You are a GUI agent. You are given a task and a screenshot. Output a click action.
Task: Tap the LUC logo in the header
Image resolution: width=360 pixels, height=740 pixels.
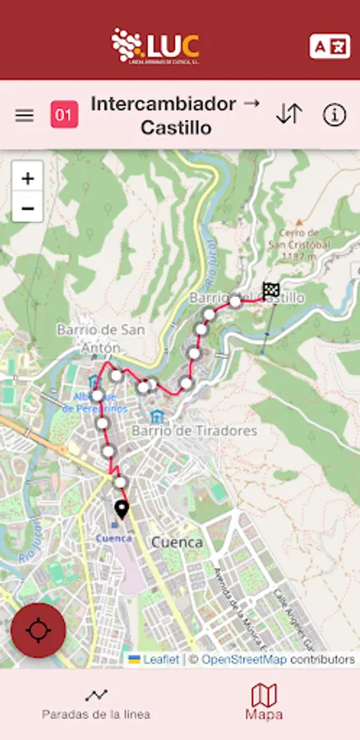(x=156, y=46)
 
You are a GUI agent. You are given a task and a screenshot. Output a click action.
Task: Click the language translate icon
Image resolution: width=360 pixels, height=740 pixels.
(x=330, y=46)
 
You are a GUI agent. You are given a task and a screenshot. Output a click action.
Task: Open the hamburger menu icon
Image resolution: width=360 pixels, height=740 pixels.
(x=25, y=115)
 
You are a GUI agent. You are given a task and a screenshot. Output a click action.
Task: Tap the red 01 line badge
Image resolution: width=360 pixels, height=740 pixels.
(x=65, y=114)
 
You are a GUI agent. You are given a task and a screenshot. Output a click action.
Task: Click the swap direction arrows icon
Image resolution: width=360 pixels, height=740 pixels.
(x=289, y=114)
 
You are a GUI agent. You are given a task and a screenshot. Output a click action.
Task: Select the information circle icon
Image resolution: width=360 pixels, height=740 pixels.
(x=335, y=115)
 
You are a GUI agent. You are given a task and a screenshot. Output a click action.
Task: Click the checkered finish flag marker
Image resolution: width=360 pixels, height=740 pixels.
(x=271, y=290)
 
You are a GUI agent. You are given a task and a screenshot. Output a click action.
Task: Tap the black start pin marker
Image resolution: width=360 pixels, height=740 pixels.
(x=122, y=511)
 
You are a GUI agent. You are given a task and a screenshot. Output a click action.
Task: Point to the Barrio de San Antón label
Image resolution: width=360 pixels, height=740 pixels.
(x=101, y=338)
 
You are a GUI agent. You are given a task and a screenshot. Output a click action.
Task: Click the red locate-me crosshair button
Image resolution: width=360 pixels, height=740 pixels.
(x=39, y=631)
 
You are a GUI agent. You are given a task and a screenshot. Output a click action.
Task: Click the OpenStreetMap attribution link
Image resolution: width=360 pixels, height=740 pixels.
(x=244, y=659)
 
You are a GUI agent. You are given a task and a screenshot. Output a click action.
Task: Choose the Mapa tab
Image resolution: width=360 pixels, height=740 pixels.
(x=264, y=703)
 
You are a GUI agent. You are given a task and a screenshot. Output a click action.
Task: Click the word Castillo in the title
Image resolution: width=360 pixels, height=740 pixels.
(x=176, y=127)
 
